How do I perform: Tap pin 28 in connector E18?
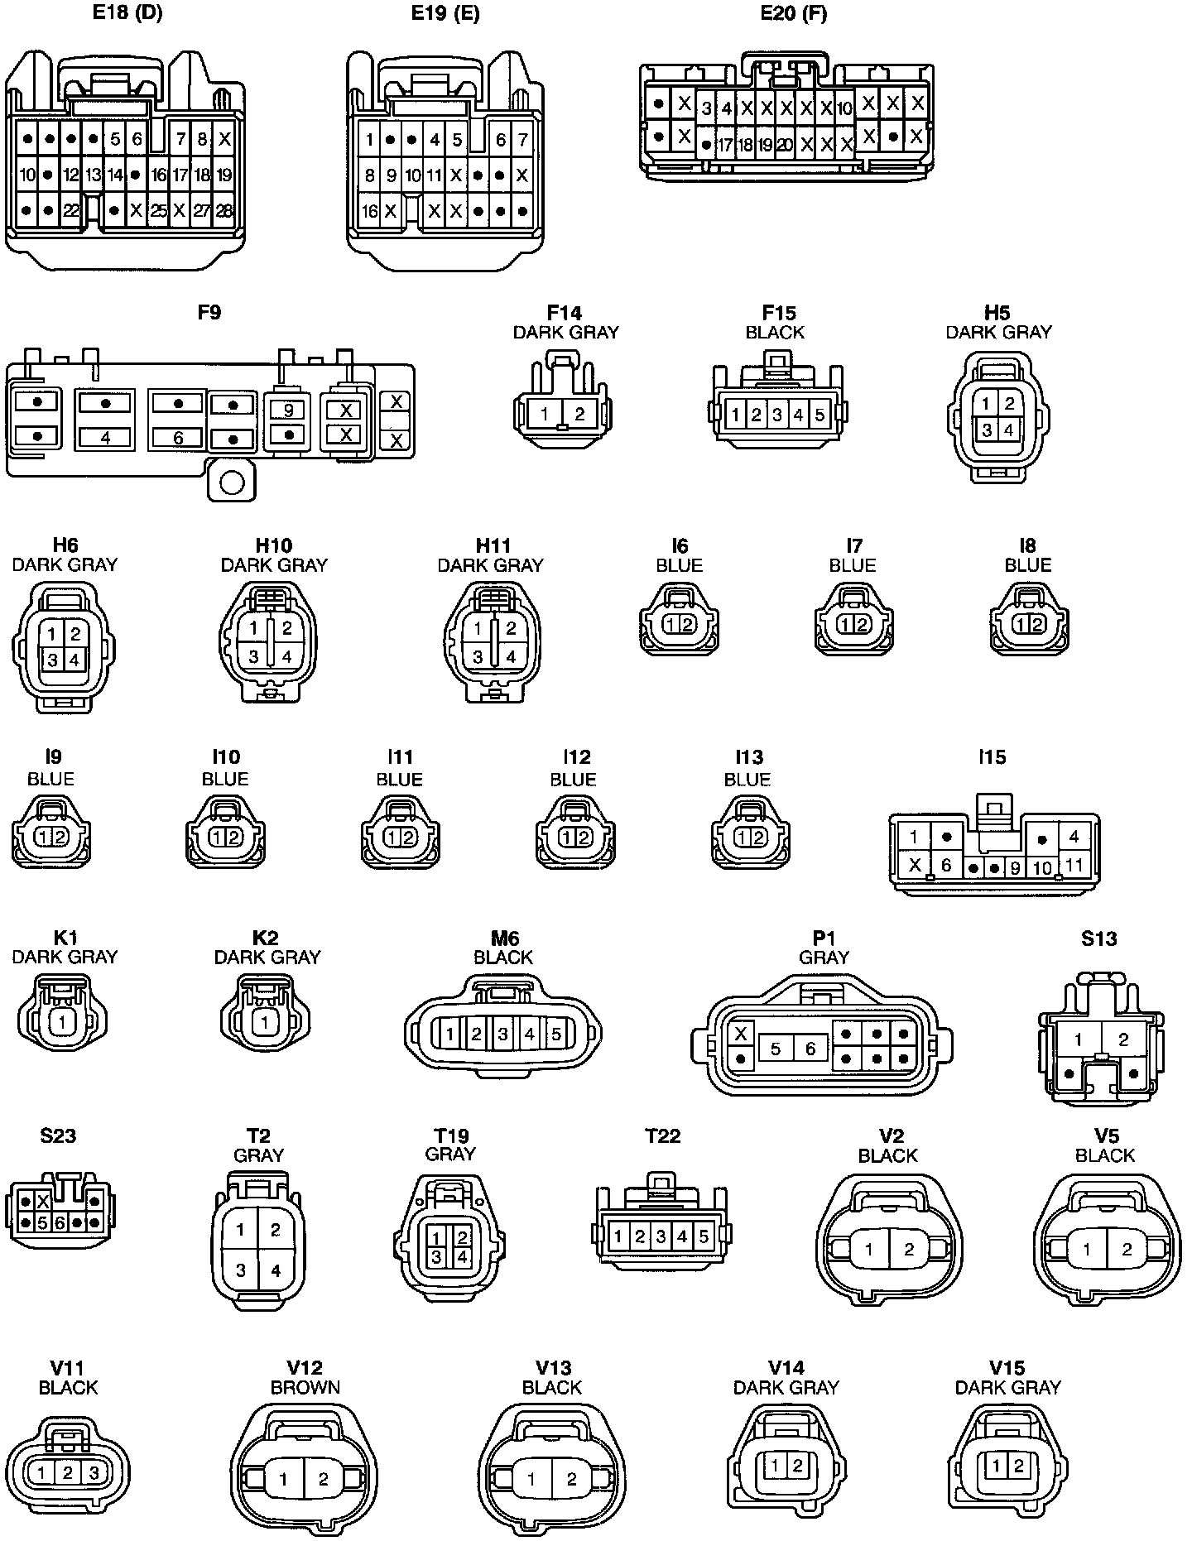(x=224, y=211)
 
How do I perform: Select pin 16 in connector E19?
(x=369, y=211)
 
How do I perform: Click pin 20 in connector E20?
(x=785, y=146)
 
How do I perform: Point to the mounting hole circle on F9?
(x=232, y=482)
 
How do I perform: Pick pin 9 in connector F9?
(x=288, y=410)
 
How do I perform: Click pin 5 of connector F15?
(x=819, y=415)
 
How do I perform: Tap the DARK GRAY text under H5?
(x=998, y=332)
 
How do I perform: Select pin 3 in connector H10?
(x=254, y=657)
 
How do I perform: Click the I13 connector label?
(x=749, y=757)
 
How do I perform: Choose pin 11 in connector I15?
(x=1074, y=865)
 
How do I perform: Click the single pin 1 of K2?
(x=265, y=1023)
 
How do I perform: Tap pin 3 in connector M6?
(x=502, y=1034)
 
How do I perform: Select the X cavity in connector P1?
(x=742, y=1034)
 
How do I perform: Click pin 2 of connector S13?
(x=1123, y=1039)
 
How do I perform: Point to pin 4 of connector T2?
(x=276, y=1270)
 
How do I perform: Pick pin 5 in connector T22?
(x=704, y=1236)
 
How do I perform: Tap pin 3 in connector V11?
(x=94, y=1473)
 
